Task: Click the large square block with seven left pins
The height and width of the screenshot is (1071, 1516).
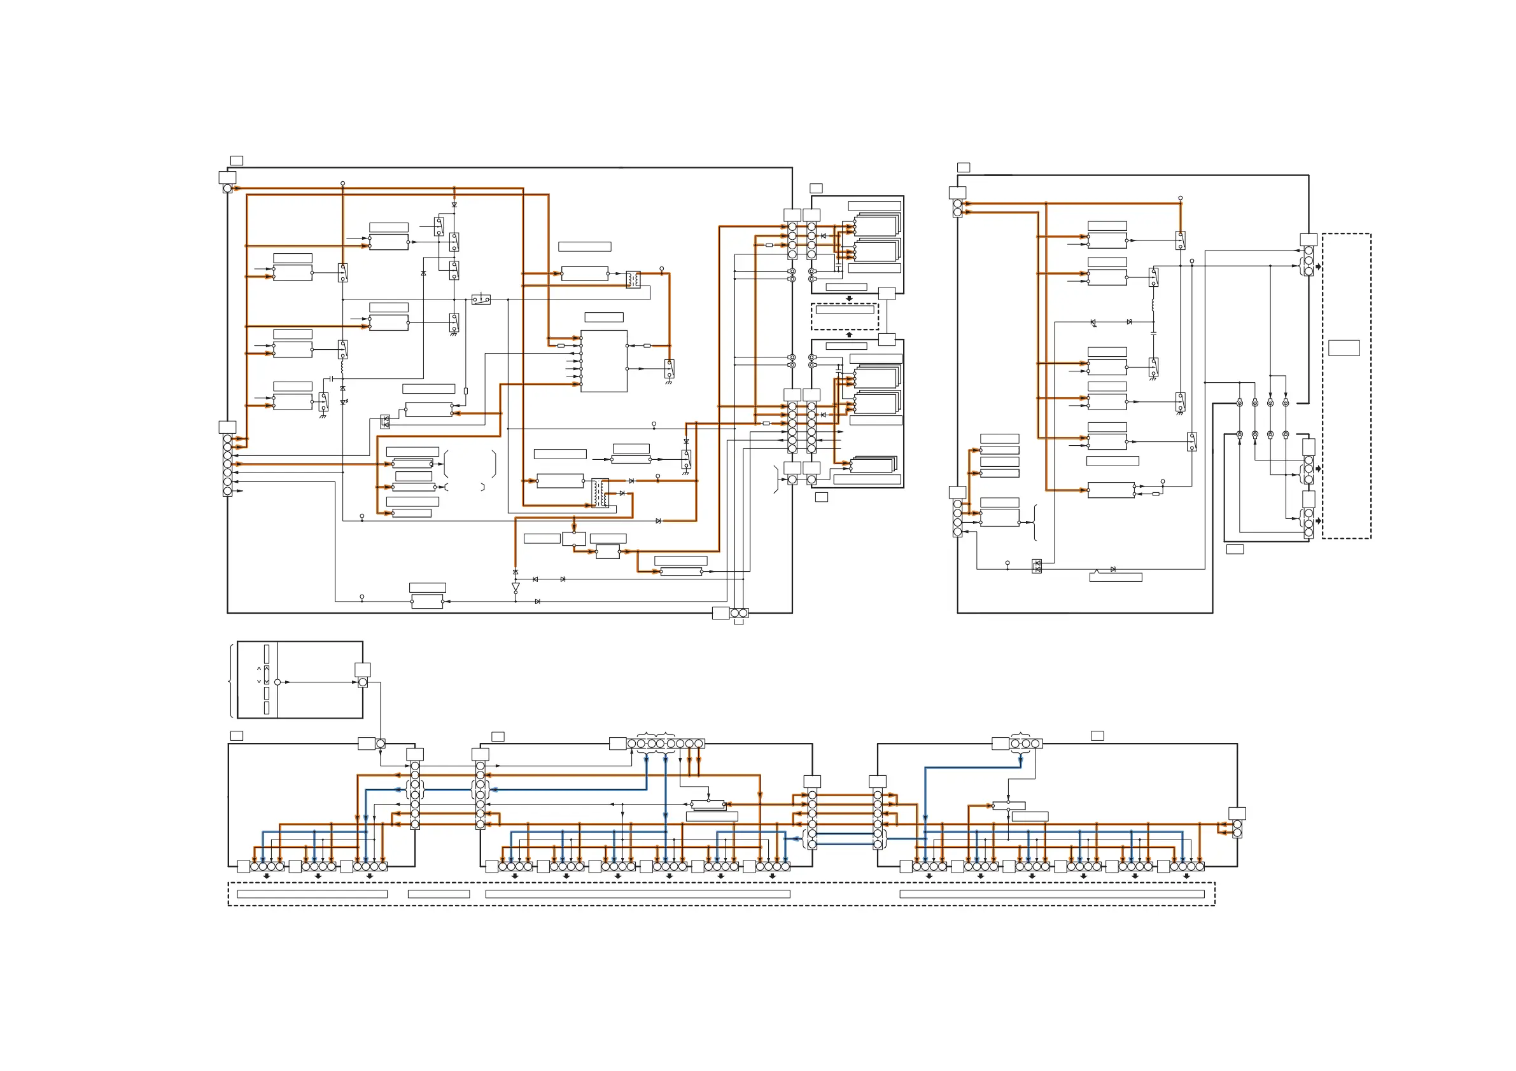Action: click(603, 361)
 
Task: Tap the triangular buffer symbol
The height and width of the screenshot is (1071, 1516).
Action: click(516, 586)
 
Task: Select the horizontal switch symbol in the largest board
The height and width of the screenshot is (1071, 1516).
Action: click(481, 300)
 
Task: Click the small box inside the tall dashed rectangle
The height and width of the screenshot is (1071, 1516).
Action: click(1344, 348)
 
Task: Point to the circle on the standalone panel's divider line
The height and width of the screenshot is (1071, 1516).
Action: click(277, 682)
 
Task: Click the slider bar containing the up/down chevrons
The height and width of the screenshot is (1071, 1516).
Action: click(267, 674)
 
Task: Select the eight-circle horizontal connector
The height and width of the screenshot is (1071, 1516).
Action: click(666, 743)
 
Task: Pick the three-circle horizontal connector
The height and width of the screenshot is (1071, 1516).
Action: click(1025, 743)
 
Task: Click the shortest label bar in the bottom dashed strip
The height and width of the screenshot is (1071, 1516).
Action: click(439, 894)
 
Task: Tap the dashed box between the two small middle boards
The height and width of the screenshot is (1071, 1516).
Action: click(845, 316)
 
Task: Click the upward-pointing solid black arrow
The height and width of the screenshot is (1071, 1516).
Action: click(849, 335)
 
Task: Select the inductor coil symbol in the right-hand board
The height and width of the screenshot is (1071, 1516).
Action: click(1153, 306)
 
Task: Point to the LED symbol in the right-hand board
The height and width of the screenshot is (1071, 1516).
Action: click(1093, 322)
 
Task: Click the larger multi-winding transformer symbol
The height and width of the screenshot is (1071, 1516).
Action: click(600, 493)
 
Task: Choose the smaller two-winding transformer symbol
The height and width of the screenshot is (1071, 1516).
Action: click(633, 279)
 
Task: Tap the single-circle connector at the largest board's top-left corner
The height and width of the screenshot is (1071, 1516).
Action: click(228, 189)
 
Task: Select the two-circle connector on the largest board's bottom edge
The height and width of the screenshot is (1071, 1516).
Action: click(740, 614)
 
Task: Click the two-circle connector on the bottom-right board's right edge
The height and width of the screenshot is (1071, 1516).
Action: click(1237, 829)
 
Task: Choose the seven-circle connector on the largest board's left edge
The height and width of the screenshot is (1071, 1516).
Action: click(228, 464)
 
